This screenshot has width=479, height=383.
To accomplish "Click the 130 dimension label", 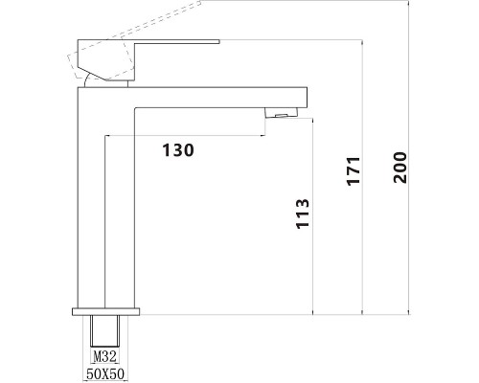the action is (x=178, y=150).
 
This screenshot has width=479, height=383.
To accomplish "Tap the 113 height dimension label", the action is (x=303, y=214).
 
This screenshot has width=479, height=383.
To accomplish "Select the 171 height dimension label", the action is (x=354, y=170).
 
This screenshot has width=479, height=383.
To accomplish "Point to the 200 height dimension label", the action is (x=400, y=168).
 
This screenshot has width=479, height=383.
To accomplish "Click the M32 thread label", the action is (x=104, y=356).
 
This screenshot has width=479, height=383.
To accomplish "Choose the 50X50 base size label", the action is (x=105, y=373).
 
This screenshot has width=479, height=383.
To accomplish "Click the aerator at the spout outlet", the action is (x=282, y=113).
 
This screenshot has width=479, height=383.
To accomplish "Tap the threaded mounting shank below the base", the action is (x=104, y=331).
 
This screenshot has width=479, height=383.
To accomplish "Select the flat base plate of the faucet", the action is (x=106, y=312).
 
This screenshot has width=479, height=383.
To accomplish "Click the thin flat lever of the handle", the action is (x=177, y=41).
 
